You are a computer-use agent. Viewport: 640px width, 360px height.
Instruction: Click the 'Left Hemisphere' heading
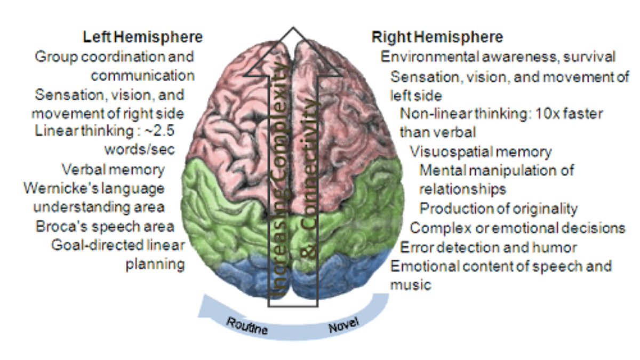143,37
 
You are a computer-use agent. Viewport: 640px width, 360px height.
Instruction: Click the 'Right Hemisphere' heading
437,37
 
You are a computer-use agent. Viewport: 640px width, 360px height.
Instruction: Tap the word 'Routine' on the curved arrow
246,326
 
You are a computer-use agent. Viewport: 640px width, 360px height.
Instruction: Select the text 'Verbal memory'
113,170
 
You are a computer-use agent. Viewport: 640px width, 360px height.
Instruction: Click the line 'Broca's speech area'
105,226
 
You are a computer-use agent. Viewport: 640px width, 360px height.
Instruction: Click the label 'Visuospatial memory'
481,151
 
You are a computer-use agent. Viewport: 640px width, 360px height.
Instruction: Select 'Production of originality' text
498,209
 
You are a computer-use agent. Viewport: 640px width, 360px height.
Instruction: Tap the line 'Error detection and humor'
489,247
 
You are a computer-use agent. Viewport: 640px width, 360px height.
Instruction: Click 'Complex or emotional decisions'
517,228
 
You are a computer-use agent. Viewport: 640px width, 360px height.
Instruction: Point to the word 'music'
410,285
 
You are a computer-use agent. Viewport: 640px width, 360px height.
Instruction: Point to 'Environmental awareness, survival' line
498,57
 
